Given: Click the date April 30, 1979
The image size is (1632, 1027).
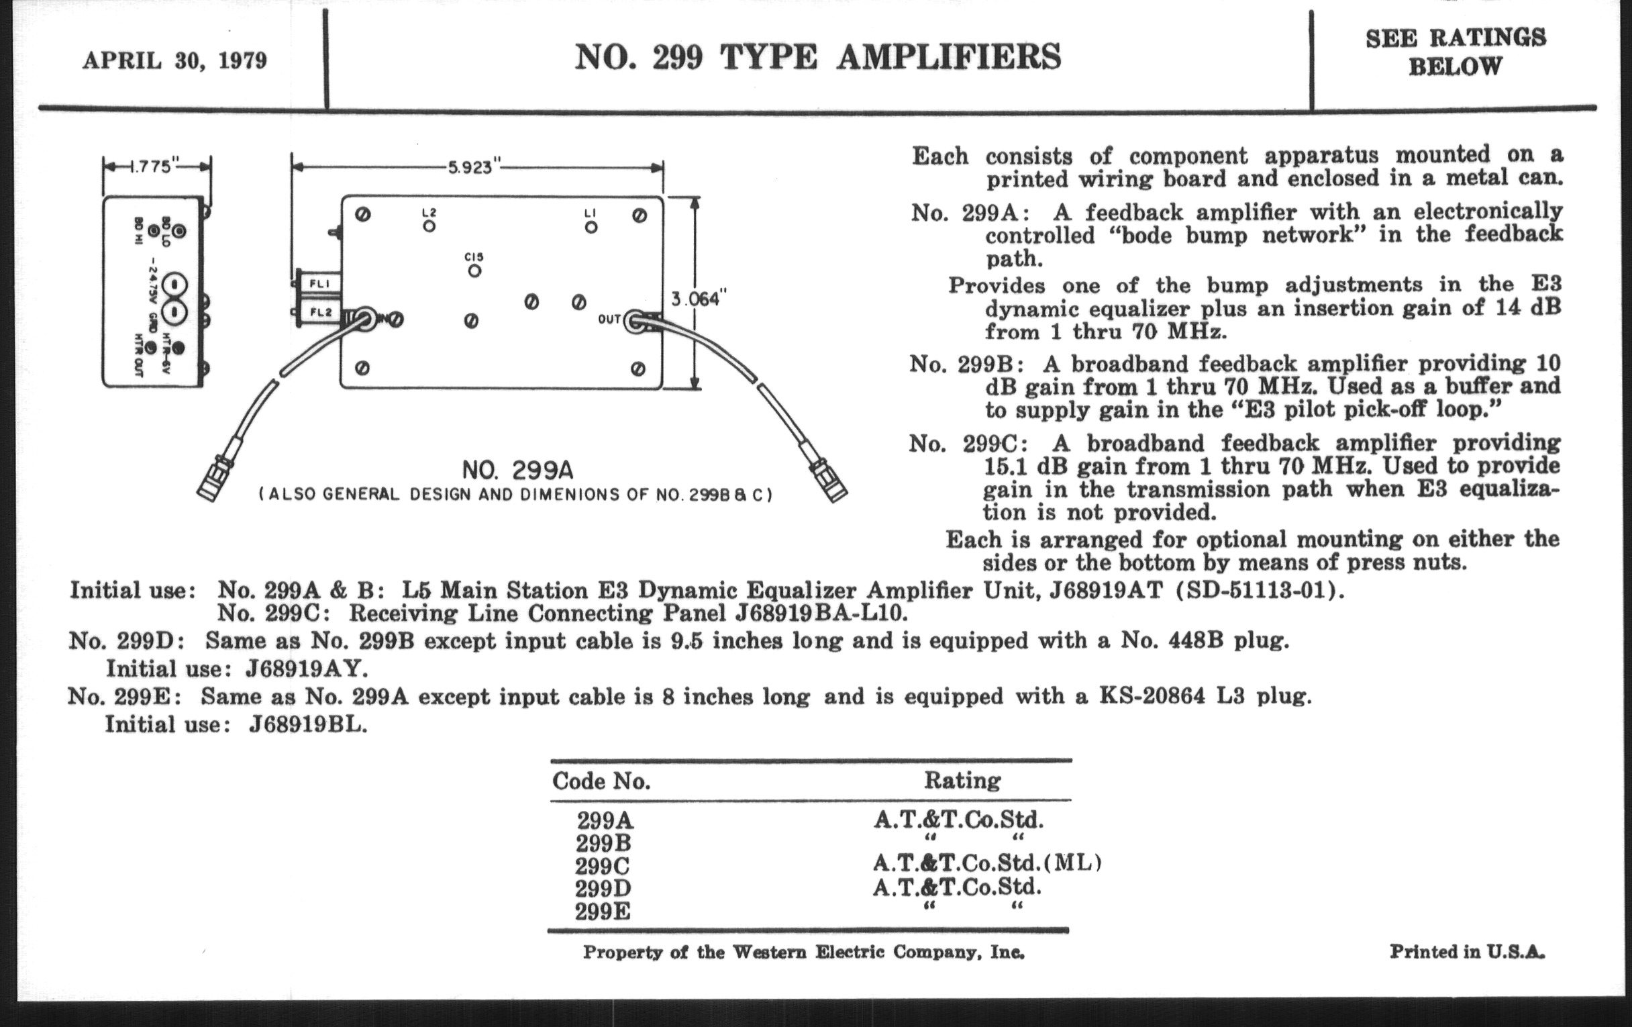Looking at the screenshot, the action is pos(175,61).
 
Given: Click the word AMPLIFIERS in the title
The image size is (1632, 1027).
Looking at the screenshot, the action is pos(949,56).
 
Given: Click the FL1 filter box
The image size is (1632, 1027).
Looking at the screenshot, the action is pos(320,283).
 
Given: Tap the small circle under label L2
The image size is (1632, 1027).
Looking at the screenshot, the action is pos(429,226).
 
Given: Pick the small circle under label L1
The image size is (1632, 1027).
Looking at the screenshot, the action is pos(591,227).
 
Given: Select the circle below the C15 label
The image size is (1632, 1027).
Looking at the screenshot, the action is pos(474,271).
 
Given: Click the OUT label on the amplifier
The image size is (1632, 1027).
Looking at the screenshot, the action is pos(609,319).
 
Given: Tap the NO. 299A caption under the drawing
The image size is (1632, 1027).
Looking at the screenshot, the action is pos(518,470).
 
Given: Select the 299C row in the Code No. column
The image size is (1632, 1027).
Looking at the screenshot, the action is pos(603,867).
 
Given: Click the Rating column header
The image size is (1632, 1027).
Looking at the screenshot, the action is pos(962,780).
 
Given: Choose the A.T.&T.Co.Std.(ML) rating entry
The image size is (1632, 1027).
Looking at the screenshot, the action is pos(987,863).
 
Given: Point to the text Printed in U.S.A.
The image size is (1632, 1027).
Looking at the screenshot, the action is pos(1468,952).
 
